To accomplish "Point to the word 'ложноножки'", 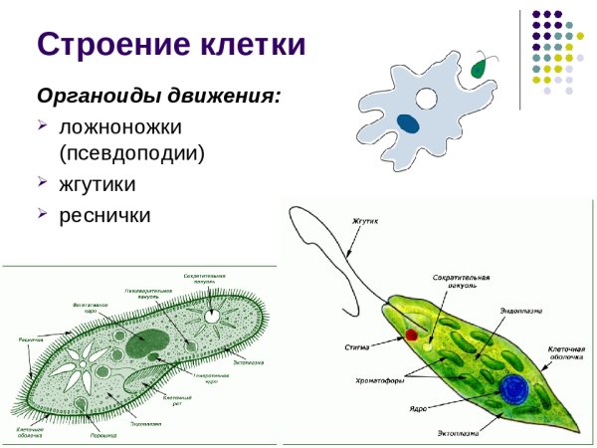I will [x=119, y=128].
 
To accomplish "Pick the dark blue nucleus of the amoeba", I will [x=409, y=123].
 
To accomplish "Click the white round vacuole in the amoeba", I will [x=427, y=99].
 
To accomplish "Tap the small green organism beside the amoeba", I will [x=480, y=68].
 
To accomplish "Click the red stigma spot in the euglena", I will [x=410, y=335].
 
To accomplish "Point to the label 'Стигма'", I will [x=357, y=346].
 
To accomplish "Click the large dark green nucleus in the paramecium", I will [x=146, y=341].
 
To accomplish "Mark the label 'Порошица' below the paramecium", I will [x=100, y=434].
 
